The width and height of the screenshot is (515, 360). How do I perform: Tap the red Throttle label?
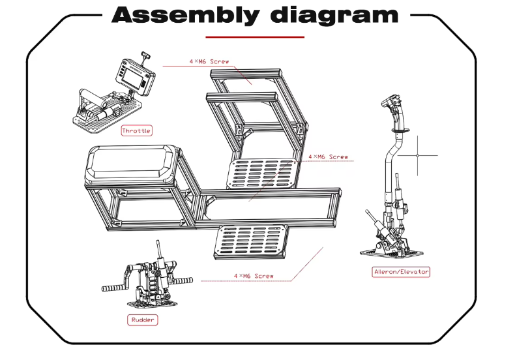(x=136, y=130)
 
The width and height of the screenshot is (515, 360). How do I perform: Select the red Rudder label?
(x=143, y=320)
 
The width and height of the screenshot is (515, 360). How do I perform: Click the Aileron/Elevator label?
(x=402, y=271)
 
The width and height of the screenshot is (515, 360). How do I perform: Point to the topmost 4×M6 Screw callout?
(x=209, y=61)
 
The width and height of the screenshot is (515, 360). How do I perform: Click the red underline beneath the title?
(x=255, y=37)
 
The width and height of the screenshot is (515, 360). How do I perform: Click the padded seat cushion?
(x=131, y=164)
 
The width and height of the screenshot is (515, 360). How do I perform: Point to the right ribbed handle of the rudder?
(x=183, y=280)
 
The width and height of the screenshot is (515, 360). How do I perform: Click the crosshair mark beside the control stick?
(x=418, y=155)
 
